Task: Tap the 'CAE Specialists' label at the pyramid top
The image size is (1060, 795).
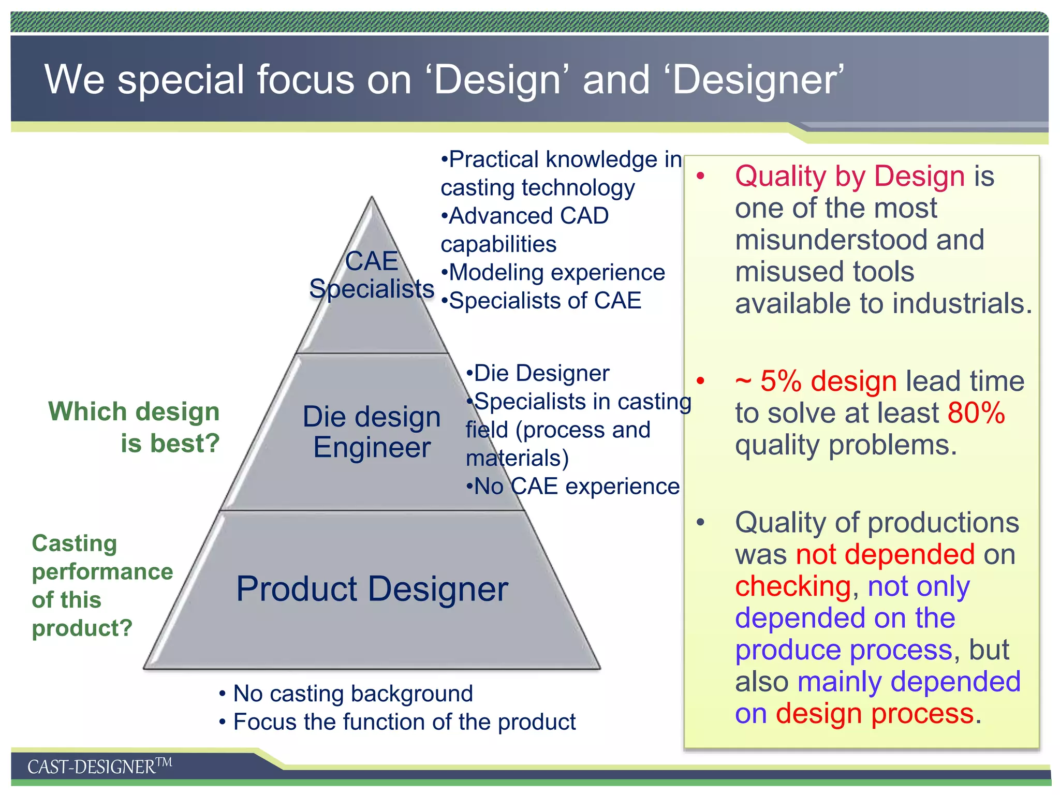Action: pyautogui.click(x=372, y=275)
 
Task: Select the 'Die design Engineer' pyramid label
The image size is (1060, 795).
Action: pyautogui.click(x=372, y=432)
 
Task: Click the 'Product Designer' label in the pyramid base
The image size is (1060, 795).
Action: pyautogui.click(x=372, y=589)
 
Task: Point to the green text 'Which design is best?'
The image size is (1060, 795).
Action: pyautogui.click(x=135, y=428)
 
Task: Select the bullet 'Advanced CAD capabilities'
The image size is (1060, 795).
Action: pyautogui.click(x=524, y=230)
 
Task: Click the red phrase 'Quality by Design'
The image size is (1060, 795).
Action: pyautogui.click(x=849, y=176)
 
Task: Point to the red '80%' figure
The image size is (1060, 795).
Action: pyautogui.click(x=976, y=413)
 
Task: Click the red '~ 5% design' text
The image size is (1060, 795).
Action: pyautogui.click(x=816, y=381)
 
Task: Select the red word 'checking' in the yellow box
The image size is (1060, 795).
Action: pyautogui.click(x=792, y=586)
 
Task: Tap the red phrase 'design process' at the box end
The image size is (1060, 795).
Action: pyautogui.click(x=874, y=714)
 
